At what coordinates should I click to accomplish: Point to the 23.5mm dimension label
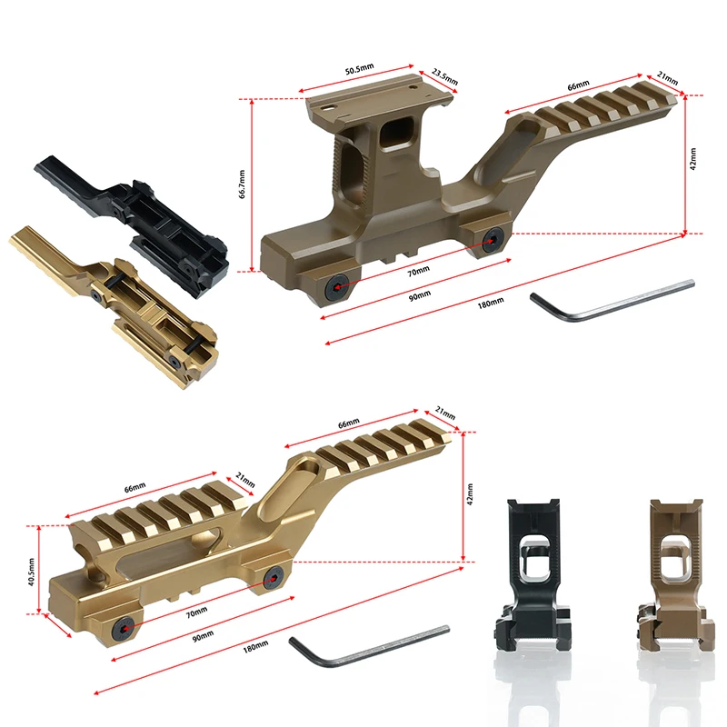443,75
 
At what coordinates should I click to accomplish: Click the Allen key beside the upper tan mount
609,301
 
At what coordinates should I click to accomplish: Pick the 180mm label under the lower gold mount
255,645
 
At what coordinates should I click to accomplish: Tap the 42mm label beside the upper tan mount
692,160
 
